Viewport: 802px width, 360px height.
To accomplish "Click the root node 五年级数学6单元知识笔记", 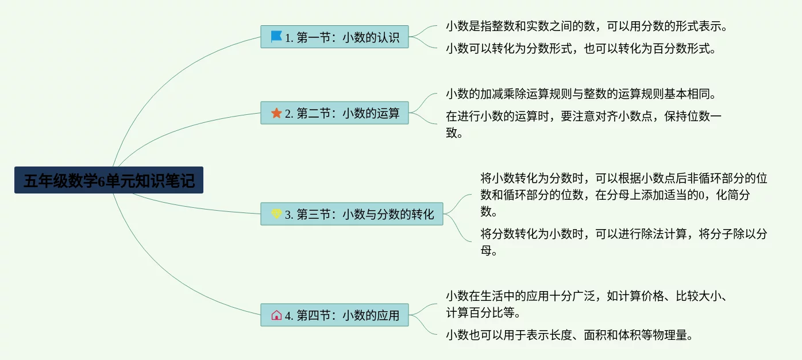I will click(109, 181).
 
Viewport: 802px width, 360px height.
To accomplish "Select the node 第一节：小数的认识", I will click(334, 38).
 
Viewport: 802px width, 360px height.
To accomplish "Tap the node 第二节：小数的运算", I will click(334, 113).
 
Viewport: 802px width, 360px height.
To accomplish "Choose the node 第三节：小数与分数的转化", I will click(352, 214).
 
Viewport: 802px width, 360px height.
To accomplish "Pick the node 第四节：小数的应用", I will click(334, 315).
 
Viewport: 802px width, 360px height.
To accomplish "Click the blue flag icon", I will click(276, 37).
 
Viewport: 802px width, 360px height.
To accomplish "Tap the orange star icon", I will click(276, 113).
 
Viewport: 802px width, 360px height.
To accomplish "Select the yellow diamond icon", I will click(276, 214).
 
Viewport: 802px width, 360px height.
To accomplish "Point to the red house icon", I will click(276, 315).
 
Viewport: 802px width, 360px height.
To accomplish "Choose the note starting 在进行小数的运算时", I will click(583, 124).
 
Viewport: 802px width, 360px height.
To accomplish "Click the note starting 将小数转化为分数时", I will click(623, 195).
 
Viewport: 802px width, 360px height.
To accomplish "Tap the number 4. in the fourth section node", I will click(289, 316).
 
